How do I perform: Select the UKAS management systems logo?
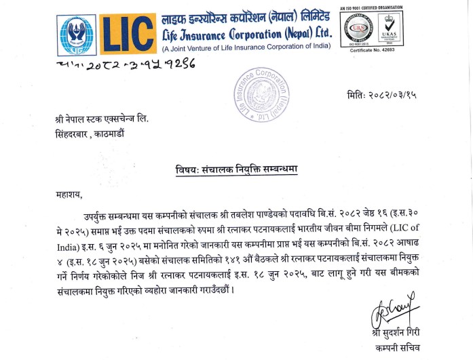(x=387, y=29)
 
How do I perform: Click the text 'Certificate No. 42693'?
(x=371, y=51)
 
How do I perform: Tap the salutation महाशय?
(x=69, y=195)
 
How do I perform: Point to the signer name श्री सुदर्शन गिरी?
(x=396, y=335)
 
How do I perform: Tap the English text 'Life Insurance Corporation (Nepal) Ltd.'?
(x=247, y=32)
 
